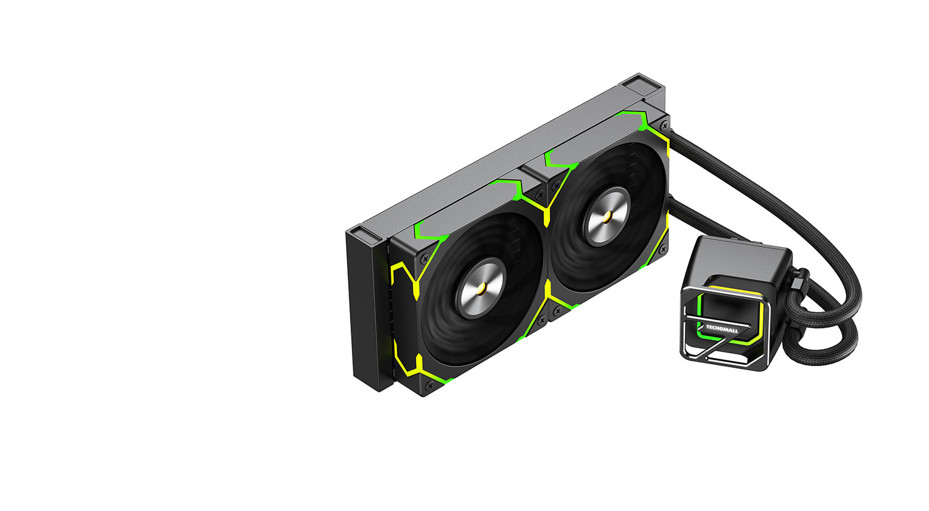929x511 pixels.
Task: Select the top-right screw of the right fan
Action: tap(665, 125)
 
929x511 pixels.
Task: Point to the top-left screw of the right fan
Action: tap(557, 185)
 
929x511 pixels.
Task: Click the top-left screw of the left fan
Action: tap(424, 260)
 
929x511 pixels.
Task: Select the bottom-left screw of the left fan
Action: tap(430, 385)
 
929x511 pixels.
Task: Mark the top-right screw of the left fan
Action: tap(539, 194)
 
